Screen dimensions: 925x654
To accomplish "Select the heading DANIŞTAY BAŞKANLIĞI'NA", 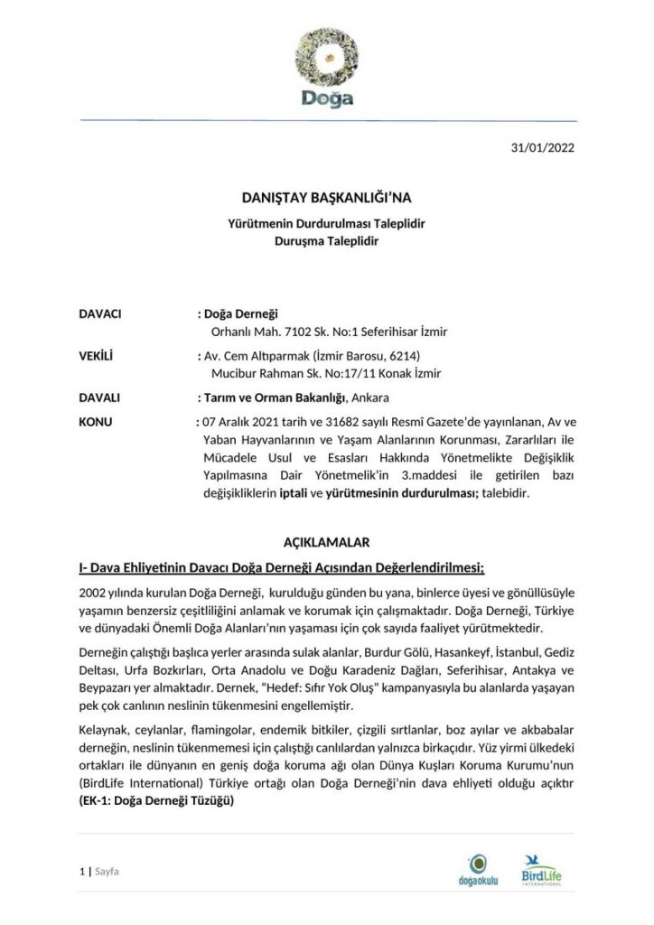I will pos(326,196).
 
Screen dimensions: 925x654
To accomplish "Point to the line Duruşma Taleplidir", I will pos(326,241).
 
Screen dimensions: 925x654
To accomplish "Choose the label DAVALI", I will pos(100,397).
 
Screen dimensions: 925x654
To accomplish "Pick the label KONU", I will pos(95,421).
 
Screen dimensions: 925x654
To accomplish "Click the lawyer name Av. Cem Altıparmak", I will pos(257,355).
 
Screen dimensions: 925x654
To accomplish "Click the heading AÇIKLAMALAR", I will pos(326,542).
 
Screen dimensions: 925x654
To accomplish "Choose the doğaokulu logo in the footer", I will pos(479,870).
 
